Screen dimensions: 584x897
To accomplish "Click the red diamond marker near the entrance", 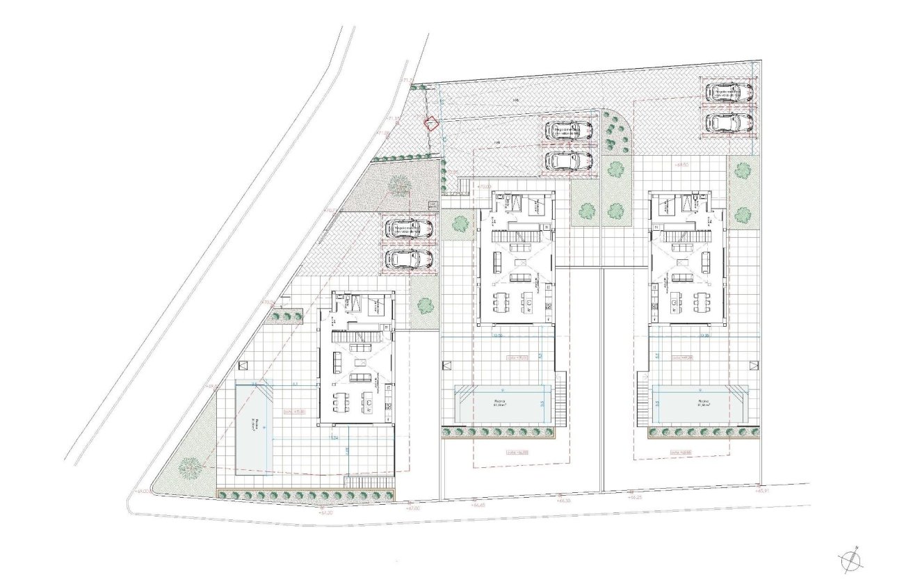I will click(x=431, y=124).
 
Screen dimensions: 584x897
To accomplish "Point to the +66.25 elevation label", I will click(x=635, y=497).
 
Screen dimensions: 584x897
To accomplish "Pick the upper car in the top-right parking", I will click(x=729, y=92).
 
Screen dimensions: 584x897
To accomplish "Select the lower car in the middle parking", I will click(x=569, y=161).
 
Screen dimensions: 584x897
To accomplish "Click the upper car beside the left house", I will click(x=410, y=228).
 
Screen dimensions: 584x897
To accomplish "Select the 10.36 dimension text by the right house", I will click(x=705, y=335).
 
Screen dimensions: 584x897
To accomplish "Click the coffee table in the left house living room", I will click(x=360, y=363).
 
